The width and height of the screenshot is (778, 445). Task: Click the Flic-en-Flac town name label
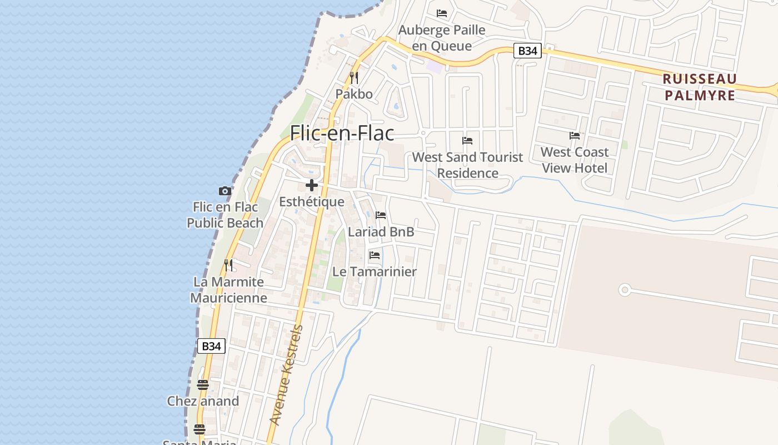point(342,133)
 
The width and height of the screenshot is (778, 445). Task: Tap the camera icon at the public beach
point(225,191)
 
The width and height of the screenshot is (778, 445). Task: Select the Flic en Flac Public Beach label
point(225,215)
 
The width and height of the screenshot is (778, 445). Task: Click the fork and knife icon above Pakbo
point(354,78)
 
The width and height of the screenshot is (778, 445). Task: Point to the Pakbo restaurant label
point(354,94)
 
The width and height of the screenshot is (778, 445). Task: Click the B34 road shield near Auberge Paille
point(527,51)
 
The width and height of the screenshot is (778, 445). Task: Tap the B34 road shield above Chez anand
point(211,346)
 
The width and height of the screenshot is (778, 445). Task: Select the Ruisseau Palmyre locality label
point(700,87)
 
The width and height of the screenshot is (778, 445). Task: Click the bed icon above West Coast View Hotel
point(575,136)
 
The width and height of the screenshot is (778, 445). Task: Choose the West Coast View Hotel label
point(575,160)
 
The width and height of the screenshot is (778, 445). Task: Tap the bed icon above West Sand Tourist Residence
point(467,141)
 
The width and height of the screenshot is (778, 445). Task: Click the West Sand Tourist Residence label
point(467,165)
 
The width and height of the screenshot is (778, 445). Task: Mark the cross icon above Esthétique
point(312,185)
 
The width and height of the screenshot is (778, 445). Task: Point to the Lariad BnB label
point(381,231)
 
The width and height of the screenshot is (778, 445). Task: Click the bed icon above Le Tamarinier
point(375,255)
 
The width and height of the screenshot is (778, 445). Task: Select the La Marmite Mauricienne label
point(228,290)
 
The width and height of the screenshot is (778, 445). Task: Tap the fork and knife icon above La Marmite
point(228,265)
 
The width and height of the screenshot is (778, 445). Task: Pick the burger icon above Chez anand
point(203,385)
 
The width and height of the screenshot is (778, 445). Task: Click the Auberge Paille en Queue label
point(442,38)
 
